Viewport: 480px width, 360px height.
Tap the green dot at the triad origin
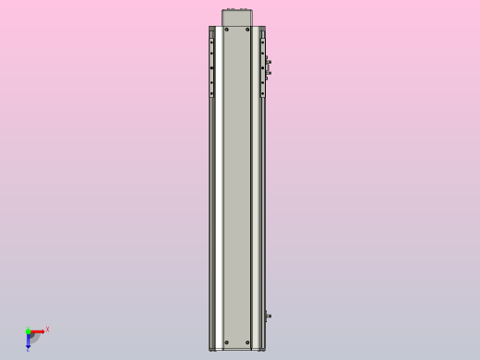pyautogui.click(x=28, y=330)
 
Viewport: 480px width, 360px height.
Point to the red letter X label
pyautogui.click(x=47, y=329)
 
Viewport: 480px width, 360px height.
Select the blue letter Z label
pyautogui.click(x=28, y=349)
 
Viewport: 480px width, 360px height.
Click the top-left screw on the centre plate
pyautogui.click(x=226, y=30)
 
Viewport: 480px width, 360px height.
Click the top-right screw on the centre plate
pyautogui.click(x=247, y=30)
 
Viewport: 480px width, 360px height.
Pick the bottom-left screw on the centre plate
pyautogui.click(x=226, y=342)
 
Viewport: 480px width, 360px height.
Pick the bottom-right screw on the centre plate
pyautogui.click(x=247, y=342)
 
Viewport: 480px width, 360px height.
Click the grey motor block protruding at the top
pyautogui.click(x=237, y=18)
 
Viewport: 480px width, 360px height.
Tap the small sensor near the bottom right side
pyautogui.click(x=268, y=317)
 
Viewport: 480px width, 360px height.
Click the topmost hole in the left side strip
pyautogui.click(x=211, y=41)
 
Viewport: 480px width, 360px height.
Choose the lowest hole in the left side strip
pyautogui.click(x=211, y=93)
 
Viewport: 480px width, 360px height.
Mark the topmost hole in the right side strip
pyautogui.click(x=262, y=41)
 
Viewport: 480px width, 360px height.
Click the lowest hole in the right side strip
pyautogui.click(x=262, y=93)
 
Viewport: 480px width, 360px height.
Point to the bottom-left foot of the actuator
pyautogui.click(x=212, y=349)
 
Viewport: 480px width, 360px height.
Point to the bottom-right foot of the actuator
pyautogui.click(x=262, y=349)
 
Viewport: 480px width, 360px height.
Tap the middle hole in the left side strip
pyautogui.click(x=211, y=67)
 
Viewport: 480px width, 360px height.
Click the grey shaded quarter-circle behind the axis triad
pyautogui.click(x=34, y=338)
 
